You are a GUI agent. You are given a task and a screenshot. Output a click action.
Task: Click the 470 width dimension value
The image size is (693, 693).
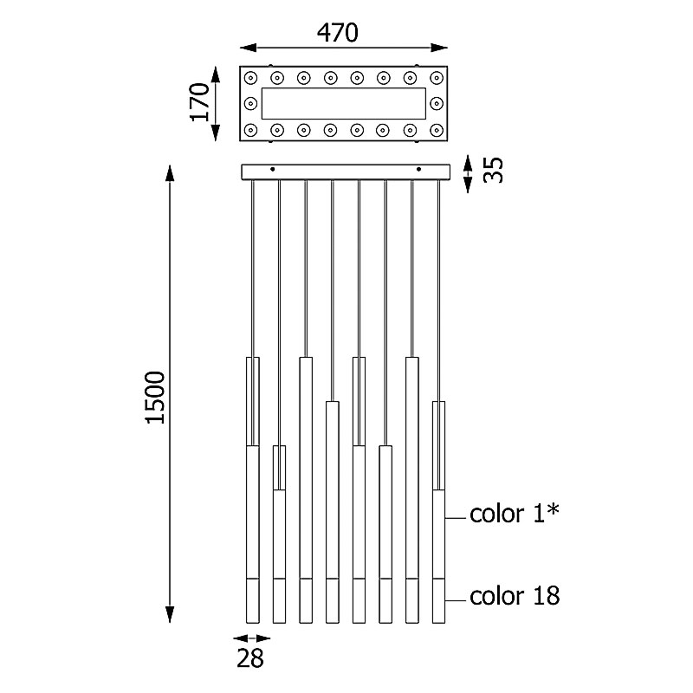337,33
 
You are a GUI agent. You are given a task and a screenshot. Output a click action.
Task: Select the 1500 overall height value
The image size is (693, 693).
155,398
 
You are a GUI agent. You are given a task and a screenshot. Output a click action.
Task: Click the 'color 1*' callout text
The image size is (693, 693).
515,514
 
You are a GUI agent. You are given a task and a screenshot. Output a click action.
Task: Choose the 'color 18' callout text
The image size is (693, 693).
515,596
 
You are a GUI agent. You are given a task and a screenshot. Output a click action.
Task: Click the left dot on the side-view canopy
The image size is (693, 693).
273,169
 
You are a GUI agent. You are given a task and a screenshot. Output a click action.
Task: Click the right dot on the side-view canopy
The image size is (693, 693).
418,169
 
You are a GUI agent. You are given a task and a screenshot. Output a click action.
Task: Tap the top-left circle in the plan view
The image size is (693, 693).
251,77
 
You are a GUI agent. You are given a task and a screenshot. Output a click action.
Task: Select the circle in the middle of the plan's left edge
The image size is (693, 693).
251,104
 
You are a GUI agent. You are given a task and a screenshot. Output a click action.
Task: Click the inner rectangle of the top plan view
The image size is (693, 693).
343,104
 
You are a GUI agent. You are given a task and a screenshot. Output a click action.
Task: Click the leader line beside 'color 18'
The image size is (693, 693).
456,597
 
